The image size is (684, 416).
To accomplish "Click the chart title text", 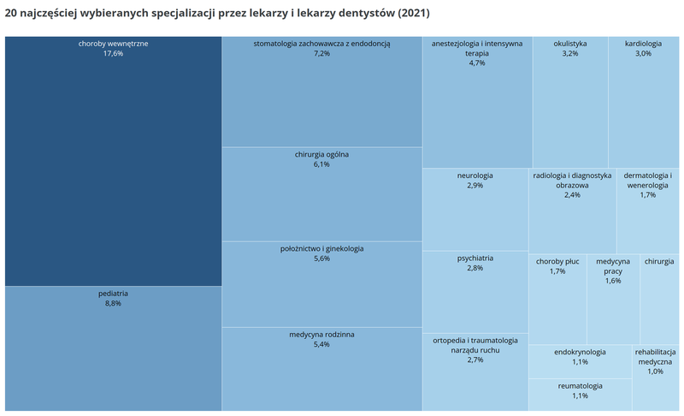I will pos(217,15).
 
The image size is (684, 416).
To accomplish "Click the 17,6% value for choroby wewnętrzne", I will pos(113,53).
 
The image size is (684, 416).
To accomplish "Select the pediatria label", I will pos(113,293).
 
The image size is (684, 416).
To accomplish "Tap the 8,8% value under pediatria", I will pos(113,303).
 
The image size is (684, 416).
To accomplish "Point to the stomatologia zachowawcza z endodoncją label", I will pos(321,43).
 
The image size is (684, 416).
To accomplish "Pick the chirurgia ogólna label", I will pos(321,154).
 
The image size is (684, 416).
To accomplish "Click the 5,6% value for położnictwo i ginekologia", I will pos(321,259).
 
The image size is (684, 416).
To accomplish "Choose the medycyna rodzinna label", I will pos(321,334).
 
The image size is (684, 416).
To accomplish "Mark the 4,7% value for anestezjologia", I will pos(476,62).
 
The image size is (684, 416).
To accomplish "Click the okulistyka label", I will pos(570,43).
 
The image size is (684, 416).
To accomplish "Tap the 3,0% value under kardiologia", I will pos(643,53).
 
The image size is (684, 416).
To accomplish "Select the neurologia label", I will pos(475,175).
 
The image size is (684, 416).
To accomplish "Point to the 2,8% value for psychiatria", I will pos(475,268).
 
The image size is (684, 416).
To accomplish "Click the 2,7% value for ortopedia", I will pos(475,360).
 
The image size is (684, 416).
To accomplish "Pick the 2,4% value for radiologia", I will pos(572,194).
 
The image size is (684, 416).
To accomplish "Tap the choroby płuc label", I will pos(557,260).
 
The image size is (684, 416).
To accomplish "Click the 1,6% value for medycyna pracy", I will pos(613,281).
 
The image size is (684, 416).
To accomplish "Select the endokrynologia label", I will pos(580,351).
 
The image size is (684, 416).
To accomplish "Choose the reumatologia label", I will pos(580,385).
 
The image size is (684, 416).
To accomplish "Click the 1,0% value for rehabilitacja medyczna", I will pos(655,371).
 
